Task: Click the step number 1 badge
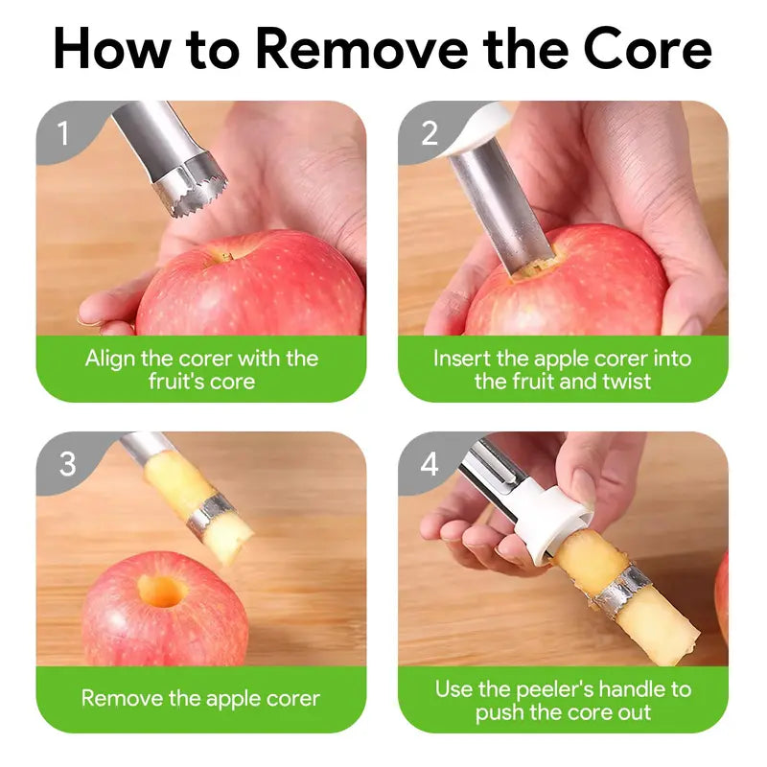[x=63, y=133]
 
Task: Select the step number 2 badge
[x=429, y=133]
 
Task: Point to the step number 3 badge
[x=67, y=464]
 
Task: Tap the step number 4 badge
[x=429, y=465]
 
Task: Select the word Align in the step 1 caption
[x=109, y=359]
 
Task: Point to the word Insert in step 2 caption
[x=462, y=359]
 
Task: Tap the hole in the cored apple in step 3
[x=161, y=590]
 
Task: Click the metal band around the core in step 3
[x=212, y=513]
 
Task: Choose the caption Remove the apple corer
[x=200, y=698]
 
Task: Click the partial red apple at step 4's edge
[x=721, y=594]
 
